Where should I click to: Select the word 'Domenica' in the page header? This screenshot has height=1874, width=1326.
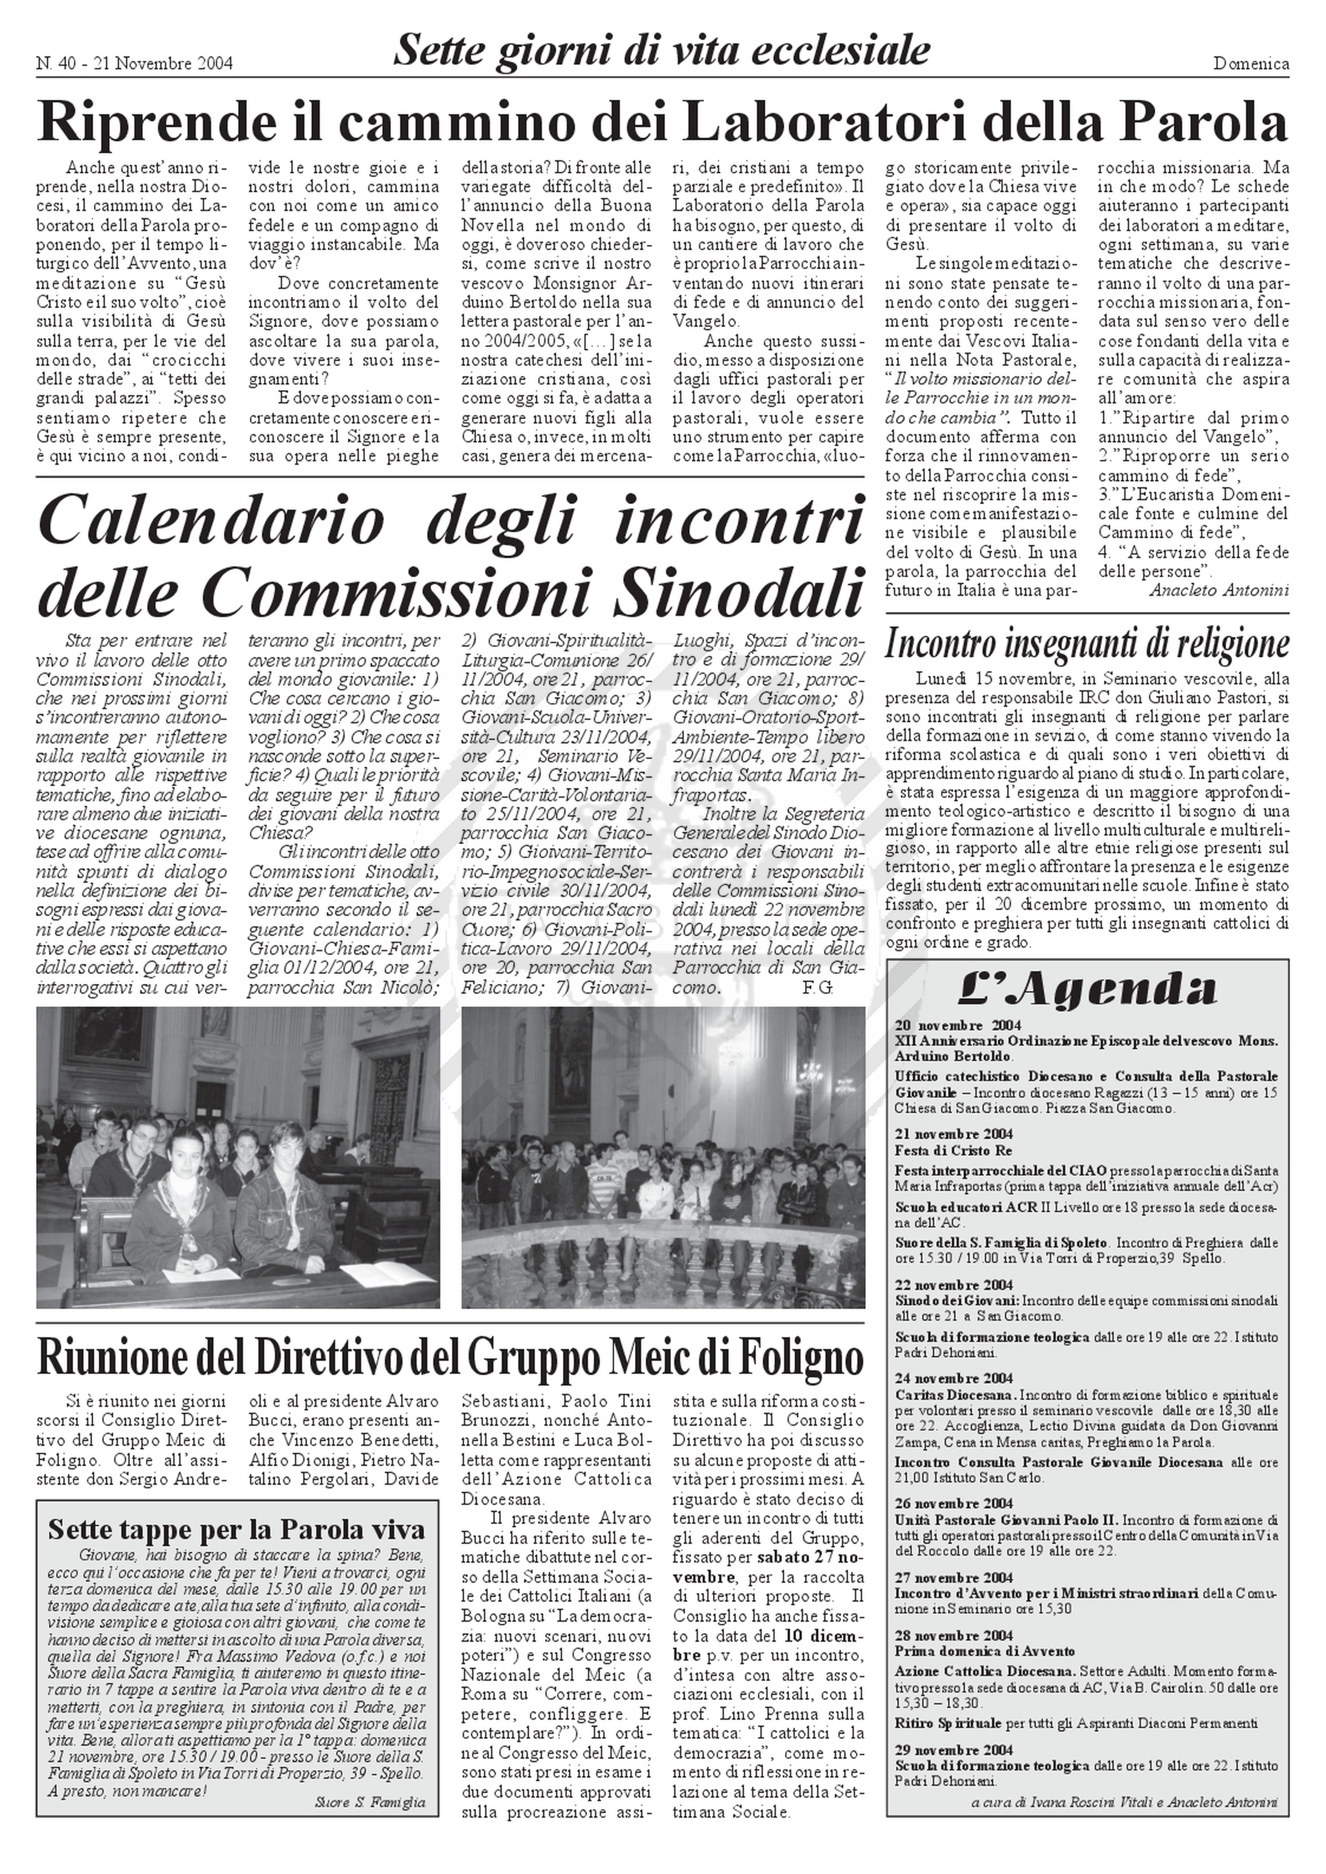click(1251, 64)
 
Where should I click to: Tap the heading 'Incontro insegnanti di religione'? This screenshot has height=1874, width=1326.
click(1087, 644)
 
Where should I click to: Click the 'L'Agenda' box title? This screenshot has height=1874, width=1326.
click(1087, 989)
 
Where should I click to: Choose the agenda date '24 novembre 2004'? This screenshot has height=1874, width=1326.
click(954, 1378)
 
